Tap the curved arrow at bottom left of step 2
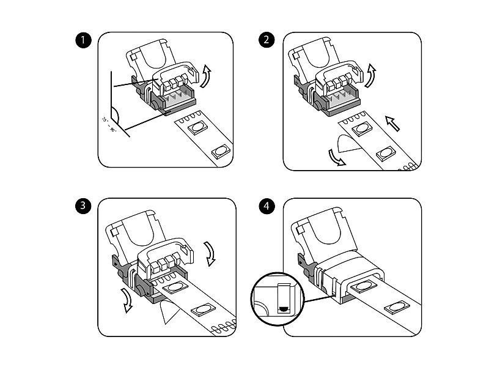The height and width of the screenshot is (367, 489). [x=334, y=158]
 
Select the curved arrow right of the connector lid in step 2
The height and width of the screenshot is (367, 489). [x=371, y=75]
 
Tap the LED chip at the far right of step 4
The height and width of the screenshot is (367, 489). [x=393, y=309]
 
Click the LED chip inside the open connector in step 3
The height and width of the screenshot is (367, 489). [x=174, y=288]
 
